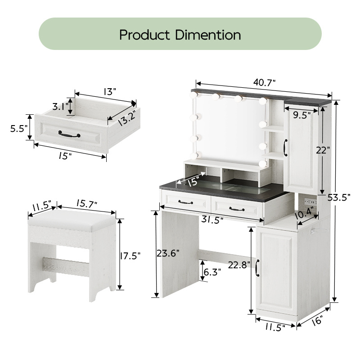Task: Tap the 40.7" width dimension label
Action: [264, 82]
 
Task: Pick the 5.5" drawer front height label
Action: [19, 129]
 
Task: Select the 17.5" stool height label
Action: [130, 255]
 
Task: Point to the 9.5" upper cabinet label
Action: [301, 115]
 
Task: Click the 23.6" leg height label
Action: [168, 253]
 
